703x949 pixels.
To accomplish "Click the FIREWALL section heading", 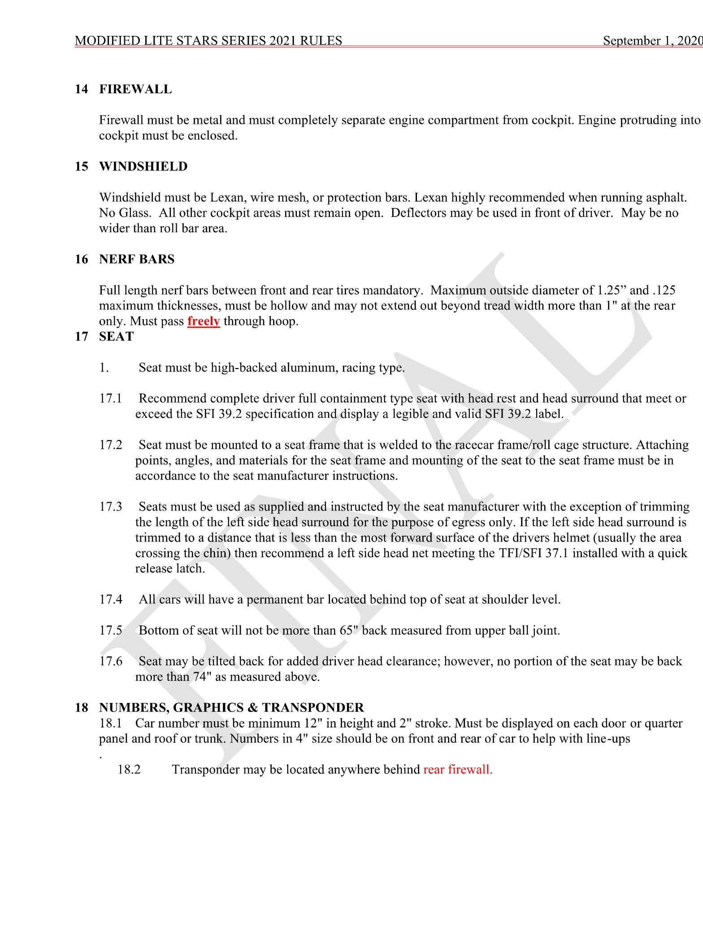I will click(x=135, y=89).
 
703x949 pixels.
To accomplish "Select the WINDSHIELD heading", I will click(x=143, y=166).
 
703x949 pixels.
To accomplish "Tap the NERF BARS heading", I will click(x=137, y=259).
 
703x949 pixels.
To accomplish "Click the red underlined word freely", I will click(x=204, y=321).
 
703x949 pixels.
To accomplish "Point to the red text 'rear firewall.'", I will click(x=458, y=770).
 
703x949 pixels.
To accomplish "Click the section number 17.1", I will click(x=111, y=399).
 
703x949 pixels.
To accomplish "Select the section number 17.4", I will click(x=111, y=599).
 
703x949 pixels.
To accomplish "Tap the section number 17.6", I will click(x=111, y=661).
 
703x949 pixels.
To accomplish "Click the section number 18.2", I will click(x=129, y=770).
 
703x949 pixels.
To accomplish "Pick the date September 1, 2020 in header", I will click(x=652, y=41).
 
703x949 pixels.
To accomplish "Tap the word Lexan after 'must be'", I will click(x=228, y=198).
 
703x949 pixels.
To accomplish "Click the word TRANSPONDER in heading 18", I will click(x=313, y=708).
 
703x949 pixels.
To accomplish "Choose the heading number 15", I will click(x=82, y=166).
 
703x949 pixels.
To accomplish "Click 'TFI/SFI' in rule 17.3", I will click(x=521, y=553).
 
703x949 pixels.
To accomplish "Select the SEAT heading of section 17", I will click(x=117, y=337).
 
